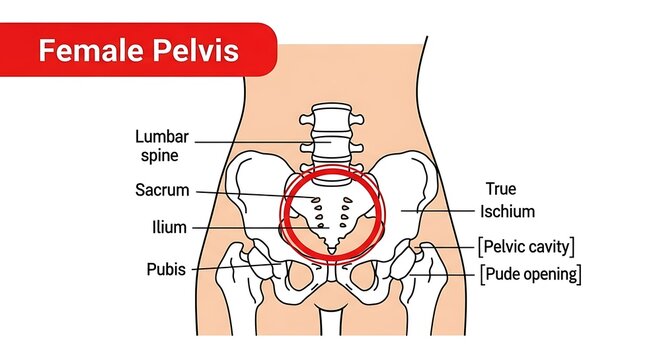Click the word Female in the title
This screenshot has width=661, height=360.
(x=88, y=49)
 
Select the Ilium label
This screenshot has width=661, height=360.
(x=169, y=227)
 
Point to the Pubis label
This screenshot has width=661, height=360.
(x=164, y=269)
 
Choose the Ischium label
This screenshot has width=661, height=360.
(x=507, y=211)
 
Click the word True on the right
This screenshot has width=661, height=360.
(x=501, y=188)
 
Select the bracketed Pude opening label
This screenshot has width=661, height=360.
(x=530, y=272)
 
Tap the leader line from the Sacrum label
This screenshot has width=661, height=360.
(x=250, y=193)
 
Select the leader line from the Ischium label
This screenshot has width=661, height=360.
(x=445, y=211)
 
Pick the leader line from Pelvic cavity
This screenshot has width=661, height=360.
(x=455, y=246)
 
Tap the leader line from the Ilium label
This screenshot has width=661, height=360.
(x=240, y=228)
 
